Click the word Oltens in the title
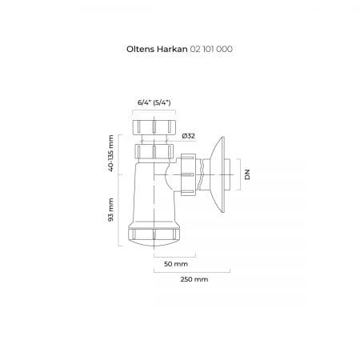tap(141, 49)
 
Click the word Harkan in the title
tap(172, 49)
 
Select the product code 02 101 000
tap(211, 49)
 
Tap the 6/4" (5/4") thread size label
tap(154, 102)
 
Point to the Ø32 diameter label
tap(189, 136)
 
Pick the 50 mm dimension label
tap(176, 264)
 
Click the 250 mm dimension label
tap(194, 279)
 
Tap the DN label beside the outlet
tap(247, 174)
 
